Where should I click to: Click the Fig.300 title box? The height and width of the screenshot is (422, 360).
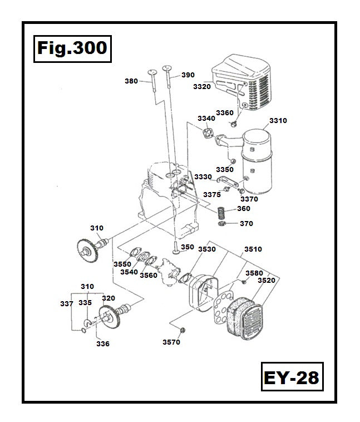[73, 48]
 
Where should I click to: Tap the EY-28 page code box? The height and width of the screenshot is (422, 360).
[292, 377]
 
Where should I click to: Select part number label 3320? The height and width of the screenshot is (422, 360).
[201, 86]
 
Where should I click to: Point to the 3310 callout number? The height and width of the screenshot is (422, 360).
[278, 120]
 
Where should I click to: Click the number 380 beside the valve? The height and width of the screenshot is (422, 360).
[131, 81]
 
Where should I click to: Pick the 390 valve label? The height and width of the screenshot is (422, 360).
[188, 75]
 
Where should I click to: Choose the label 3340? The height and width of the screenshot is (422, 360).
[206, 118]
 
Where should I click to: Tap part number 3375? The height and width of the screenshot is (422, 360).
[212, 194]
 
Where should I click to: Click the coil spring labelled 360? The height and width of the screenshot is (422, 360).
[222, 212]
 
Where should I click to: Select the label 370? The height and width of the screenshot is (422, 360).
[246, 223]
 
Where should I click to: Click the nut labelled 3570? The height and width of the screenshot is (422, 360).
[188, 330]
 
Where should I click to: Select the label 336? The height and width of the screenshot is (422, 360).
[103, 344]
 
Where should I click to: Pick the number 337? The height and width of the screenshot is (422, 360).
[66, 303]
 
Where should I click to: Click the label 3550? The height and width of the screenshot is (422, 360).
[122, 264]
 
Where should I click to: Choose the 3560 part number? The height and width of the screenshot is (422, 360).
[148, 275]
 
